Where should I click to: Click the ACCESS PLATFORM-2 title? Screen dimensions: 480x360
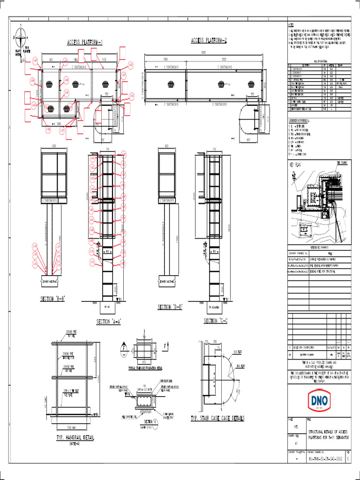tap(209, 40)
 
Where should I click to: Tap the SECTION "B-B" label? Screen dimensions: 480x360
tap(52, 299)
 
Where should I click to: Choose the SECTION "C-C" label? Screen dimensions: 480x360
tap(216, 321)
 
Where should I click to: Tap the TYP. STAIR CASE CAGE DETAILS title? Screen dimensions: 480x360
tap(217, 418)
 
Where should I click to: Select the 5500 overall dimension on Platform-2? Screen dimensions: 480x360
tap(203, 52)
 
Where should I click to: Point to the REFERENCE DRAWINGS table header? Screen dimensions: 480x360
tap(318, 246)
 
